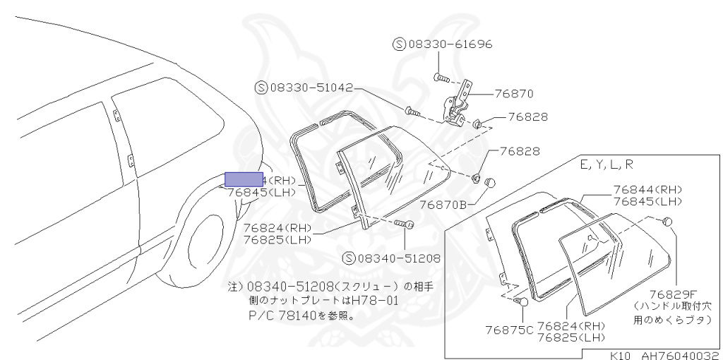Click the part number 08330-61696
[x=450, y=44]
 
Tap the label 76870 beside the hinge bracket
[x=513, y=93]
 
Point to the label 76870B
[x=443, y=205]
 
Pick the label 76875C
[x=509, y=329]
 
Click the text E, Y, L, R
[x=607, y=165]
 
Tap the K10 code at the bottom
[x=622, y=355]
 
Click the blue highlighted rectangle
[x=244, y=179]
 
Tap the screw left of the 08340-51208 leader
[x=404, y=225]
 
